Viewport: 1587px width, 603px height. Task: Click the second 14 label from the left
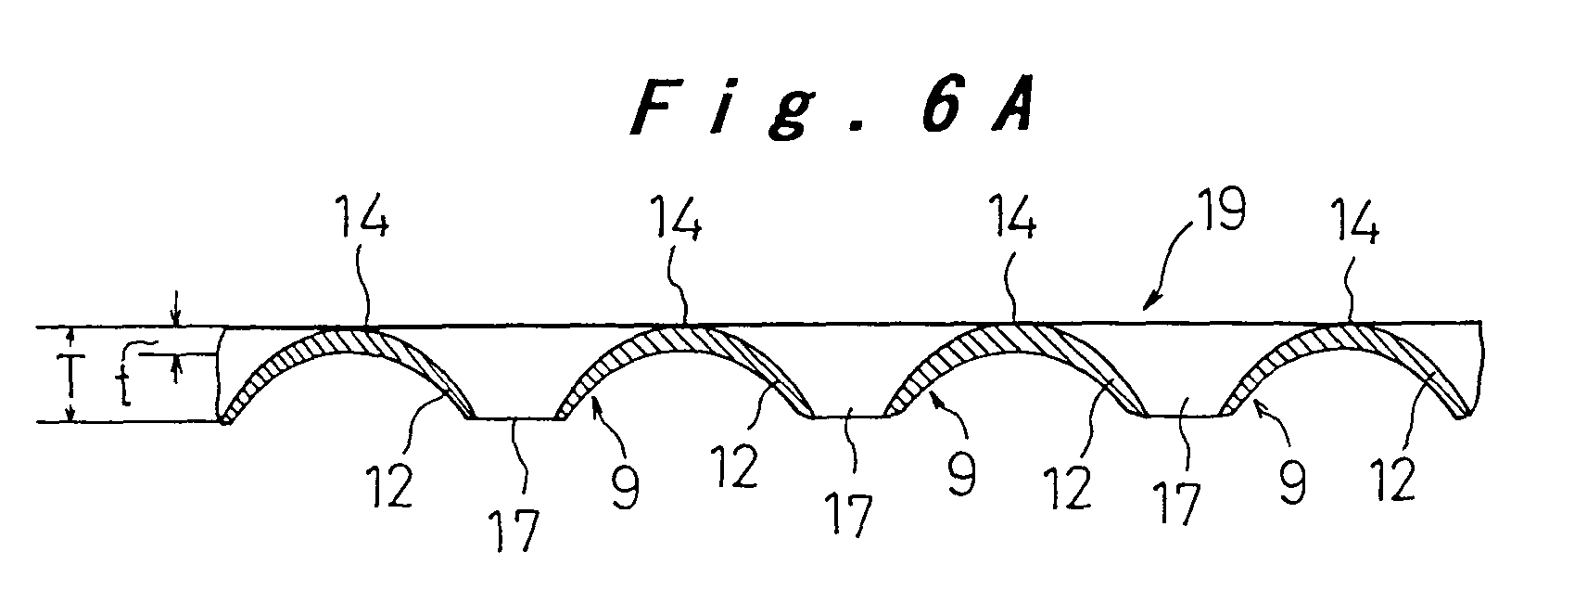(675, 219)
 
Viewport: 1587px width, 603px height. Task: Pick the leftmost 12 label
(389, 486)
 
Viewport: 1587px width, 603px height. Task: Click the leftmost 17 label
(515, 531)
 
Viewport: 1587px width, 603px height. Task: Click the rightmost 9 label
(1292, 483)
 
